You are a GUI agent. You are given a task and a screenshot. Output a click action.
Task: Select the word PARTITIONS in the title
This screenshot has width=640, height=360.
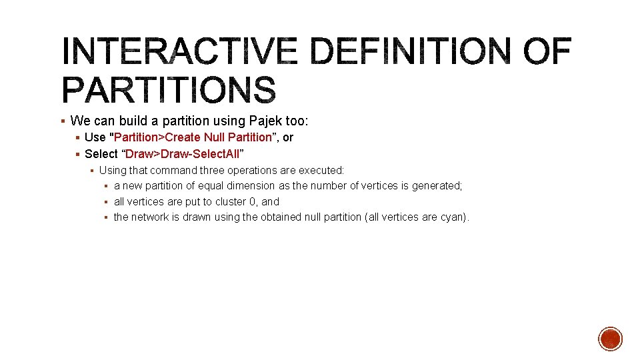(168, 89)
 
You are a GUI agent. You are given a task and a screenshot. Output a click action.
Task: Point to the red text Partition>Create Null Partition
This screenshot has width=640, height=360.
(193, 137)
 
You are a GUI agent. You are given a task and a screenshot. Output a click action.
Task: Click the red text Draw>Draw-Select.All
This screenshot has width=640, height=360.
(183, 154)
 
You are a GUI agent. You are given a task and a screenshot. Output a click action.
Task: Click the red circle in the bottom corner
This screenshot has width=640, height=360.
(610, 339)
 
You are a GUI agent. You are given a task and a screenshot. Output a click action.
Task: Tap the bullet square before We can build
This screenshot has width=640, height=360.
(62, 121)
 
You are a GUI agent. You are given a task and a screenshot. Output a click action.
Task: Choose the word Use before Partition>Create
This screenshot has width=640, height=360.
(95, 137)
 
